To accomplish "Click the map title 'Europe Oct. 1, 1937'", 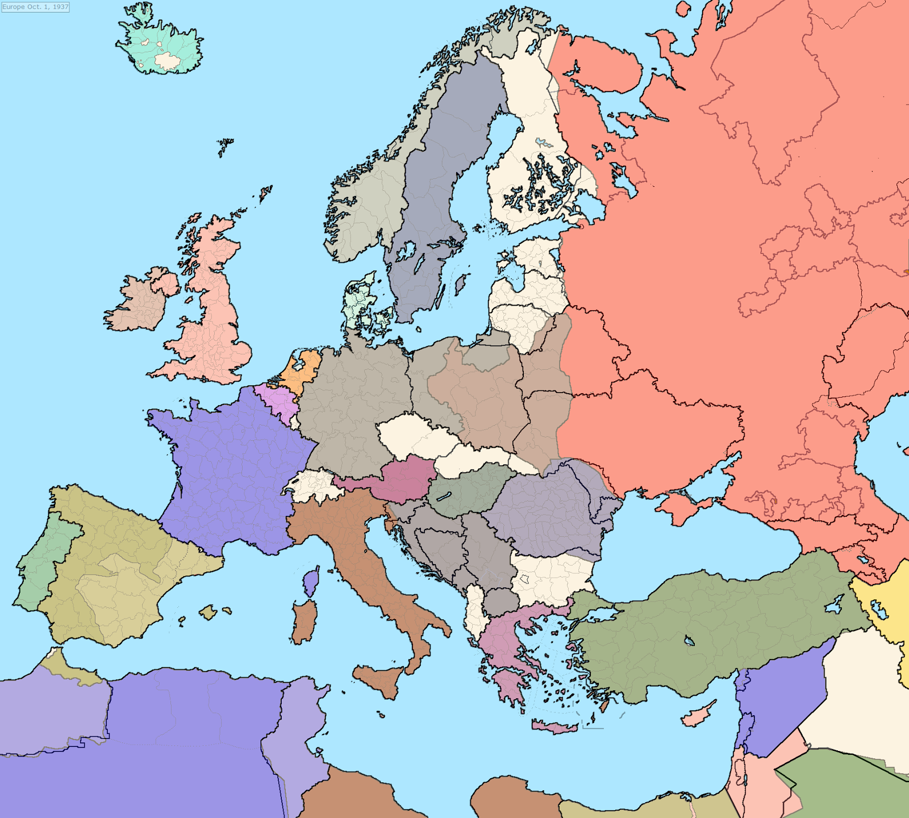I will click(x=35, y=7).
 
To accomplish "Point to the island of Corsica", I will click(x=310, y=582).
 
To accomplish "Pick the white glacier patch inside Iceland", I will click(x=168, y=60).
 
